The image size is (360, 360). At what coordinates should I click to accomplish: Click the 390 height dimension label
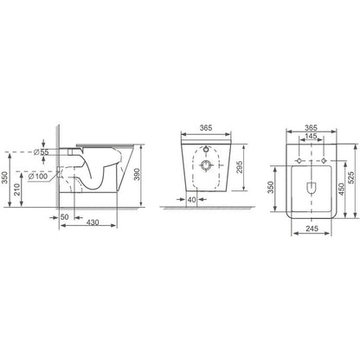pyautogui.click(x=137, y=174)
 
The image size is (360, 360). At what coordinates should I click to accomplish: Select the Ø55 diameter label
pyautogui.click(x=41, y=152)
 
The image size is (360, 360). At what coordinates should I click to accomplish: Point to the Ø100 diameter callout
pyautogui.click(x=38, y=176)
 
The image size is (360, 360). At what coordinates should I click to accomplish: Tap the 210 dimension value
pyautogui.click(x=17, y=190)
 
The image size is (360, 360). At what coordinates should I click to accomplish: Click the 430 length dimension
pyautogui.click(x=93, y=222)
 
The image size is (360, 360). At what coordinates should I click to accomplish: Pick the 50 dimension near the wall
pyautogui.click(x=65, y=217)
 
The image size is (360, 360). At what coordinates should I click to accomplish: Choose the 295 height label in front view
pyautogui.click(x=240, y=167)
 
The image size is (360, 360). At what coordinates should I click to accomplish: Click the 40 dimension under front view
pyautogui.click(x=191, y=199)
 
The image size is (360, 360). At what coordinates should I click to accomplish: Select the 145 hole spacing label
pyautogui.click(x=311, y=136)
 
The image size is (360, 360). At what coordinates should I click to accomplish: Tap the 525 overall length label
pyautogui.click(x=350, y=178)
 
